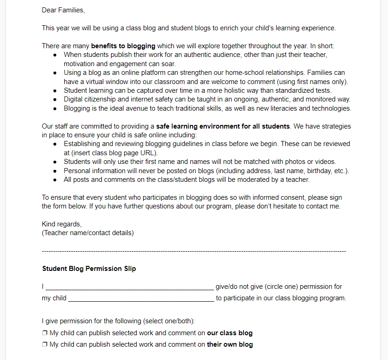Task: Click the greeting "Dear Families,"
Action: click(x=63, y=10)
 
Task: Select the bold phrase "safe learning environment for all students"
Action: click(x=223, y=126)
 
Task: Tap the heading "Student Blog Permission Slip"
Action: click(x=89, y=269)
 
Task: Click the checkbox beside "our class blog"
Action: click(x=45, y=333)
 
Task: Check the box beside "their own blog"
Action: click(x=45, y=344)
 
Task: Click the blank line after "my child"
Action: click(x=141, y=298)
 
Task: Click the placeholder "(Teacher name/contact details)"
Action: click(x=88, y=233)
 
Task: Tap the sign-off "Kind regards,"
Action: click(x=62, y=224)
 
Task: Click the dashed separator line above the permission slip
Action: click(x=194, y=251)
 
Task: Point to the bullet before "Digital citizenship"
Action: click(x=55, y=100)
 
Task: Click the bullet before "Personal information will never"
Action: click(x=55, y=171)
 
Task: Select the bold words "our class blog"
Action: click(x=229, y=333)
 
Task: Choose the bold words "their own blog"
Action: click(x=230, y=344)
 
